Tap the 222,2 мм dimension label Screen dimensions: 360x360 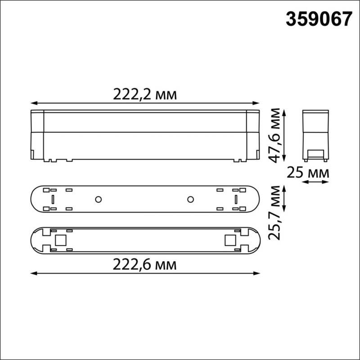[x=145, y=95]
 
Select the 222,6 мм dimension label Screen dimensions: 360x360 [x=145, y=265]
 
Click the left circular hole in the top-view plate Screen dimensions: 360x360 [x=97, y=199]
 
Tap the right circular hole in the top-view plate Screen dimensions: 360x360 [x=190, y=199]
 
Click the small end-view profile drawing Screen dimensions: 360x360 [x=315, y=134]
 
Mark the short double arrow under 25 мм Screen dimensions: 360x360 [x=315, y=182]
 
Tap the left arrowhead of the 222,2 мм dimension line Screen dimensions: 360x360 [x=32, y=103]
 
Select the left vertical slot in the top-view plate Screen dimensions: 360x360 [x=53, y=199]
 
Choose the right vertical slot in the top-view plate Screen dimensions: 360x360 [x=235, y=199]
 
